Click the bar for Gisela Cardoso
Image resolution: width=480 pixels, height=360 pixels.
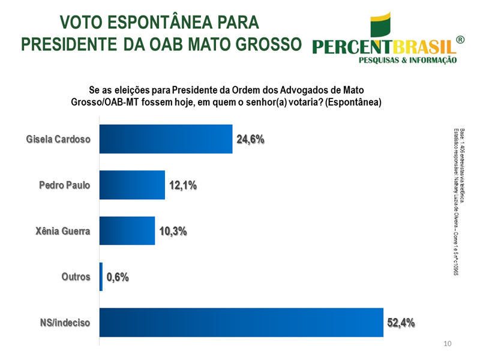(x=166, y=139)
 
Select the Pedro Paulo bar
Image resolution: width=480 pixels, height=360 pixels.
(x=132, y=185)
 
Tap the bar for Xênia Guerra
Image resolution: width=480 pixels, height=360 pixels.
(x=127, y=230)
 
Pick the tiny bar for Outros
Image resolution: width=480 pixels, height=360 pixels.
(x=101, y=277)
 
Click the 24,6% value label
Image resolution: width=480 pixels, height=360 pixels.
(x=251, y=140)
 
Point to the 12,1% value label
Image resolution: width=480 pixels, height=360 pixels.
(x=183, y=185)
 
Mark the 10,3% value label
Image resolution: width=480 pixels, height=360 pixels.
(x=173, y=231)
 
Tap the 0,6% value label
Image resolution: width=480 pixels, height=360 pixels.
(x=118, y=277)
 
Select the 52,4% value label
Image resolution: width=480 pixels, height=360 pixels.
(x=401, y=323)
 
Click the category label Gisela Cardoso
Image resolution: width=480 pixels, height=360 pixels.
(x=58, y=140)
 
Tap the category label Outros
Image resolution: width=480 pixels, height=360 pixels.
(x=76, y=277)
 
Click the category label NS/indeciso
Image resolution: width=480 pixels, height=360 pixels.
(x=66, y=323)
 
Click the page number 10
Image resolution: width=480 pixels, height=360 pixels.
(x=446, y=344)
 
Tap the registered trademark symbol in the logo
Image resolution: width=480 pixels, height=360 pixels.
(x=460, y=40)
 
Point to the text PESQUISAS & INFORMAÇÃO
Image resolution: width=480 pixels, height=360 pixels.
(x=407, y=60)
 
